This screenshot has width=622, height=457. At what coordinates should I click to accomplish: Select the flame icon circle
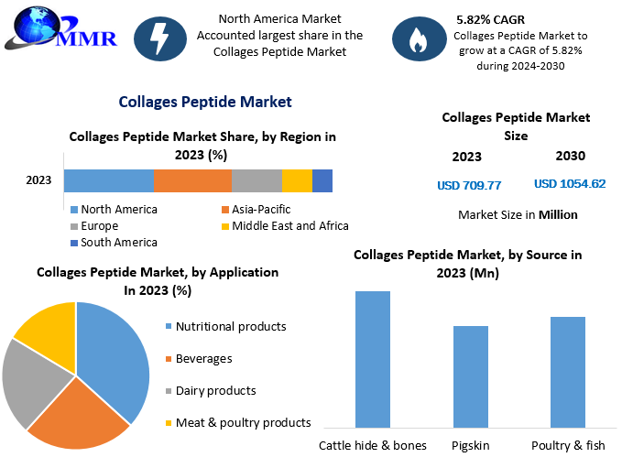418,38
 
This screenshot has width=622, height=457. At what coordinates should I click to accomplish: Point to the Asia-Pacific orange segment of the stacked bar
192,180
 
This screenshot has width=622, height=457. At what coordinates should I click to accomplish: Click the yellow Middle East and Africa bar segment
297,180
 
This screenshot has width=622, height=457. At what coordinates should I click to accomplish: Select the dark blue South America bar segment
322,180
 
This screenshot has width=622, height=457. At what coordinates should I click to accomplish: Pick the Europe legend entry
100,225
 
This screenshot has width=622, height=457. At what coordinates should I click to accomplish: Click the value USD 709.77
469,185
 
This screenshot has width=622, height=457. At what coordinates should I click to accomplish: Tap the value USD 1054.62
570,184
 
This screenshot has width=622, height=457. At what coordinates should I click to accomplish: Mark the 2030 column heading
570,156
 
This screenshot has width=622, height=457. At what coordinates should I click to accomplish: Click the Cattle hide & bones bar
373,359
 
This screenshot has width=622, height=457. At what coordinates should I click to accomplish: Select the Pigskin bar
471,376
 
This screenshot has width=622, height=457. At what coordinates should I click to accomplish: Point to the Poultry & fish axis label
567,445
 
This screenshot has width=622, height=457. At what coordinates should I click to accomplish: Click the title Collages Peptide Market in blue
205,102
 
